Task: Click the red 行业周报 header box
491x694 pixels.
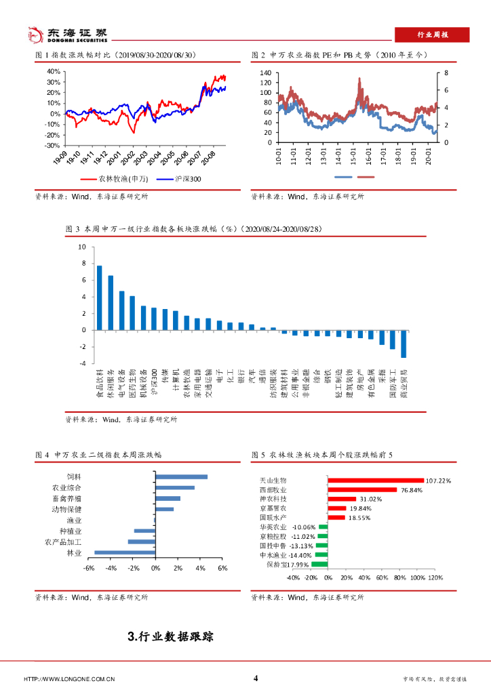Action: click(432, 35)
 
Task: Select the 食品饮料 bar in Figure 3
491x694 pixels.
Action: click(100, 298)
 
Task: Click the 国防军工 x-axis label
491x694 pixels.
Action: click(393, 384)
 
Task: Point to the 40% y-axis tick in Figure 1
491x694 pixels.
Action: click(54, 70)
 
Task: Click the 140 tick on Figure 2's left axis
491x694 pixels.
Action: click(265, 73)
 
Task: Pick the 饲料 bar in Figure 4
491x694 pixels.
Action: click(181, 476)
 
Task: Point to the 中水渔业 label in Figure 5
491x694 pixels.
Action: click(273, 554)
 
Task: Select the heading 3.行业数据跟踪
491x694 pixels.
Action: click(170, 636)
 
